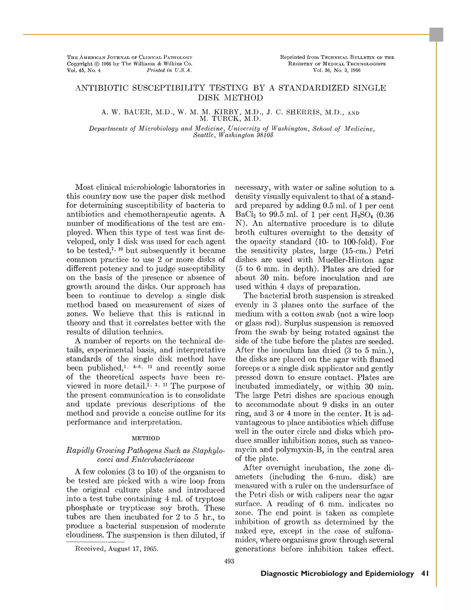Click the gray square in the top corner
(436, 35)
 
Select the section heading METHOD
(146, 438)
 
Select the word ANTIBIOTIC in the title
(102, 88)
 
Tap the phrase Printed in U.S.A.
(169, 70)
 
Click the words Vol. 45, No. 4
(83, 70)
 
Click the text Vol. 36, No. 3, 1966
(337, 70)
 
